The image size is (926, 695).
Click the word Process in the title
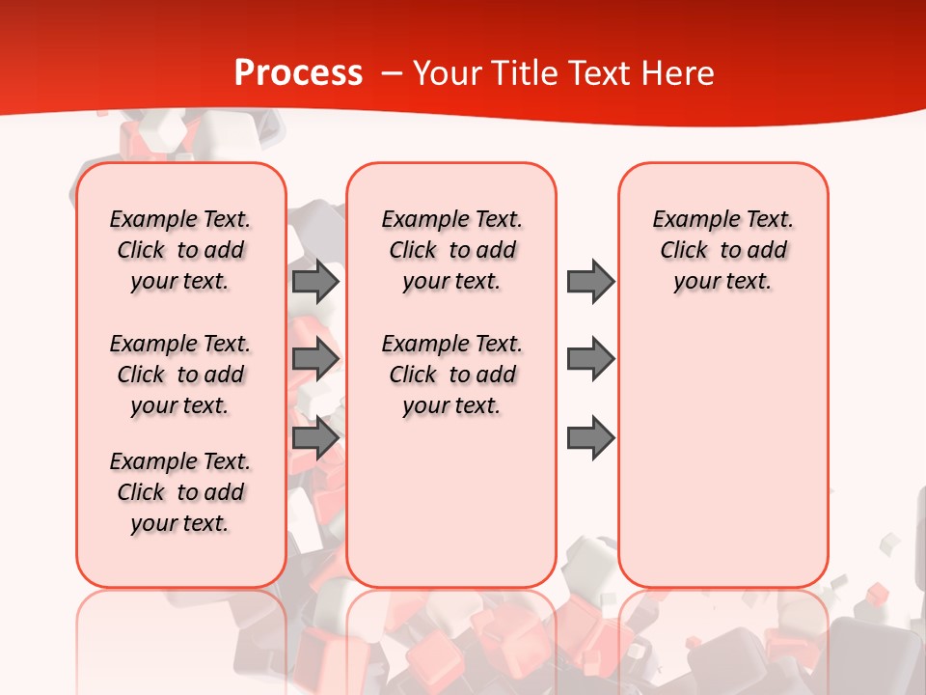[x=298, y=73]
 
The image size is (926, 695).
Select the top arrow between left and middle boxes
[x=314, y=281]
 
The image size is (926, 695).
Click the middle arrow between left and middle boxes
[x=314, y=359]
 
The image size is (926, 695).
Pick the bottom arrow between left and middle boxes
[x=314, y=438]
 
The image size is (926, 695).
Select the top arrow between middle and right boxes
[x=590, y=281]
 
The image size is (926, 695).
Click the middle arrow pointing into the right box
[x=590, y=359]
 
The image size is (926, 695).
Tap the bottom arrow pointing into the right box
[x=590, y=438]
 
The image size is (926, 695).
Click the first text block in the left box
[x=180, y=250]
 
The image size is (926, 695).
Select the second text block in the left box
[x=180, y=375]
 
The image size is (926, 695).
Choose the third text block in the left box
[x=180, y=492]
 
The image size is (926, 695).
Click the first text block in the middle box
[x=451, y=250]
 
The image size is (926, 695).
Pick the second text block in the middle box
[x=451, y=375]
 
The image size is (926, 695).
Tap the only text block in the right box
[x=722, y=250]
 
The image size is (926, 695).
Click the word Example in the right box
[x=689, y=220]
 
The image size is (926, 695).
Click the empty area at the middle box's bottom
[x=451, y=512]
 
